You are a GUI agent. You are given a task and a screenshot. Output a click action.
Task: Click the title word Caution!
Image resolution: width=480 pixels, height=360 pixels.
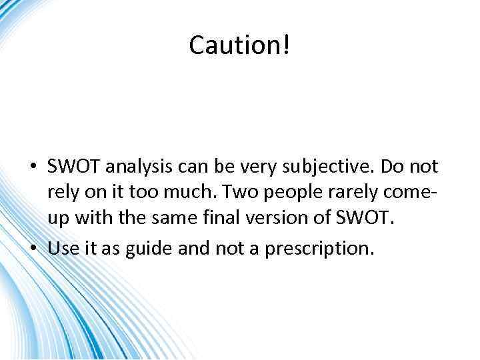click(240, 45)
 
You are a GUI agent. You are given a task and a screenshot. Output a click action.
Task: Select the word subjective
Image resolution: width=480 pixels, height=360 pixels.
click(327, 167)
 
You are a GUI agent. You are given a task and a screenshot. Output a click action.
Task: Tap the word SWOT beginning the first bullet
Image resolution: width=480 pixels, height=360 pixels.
click(69, 167)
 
